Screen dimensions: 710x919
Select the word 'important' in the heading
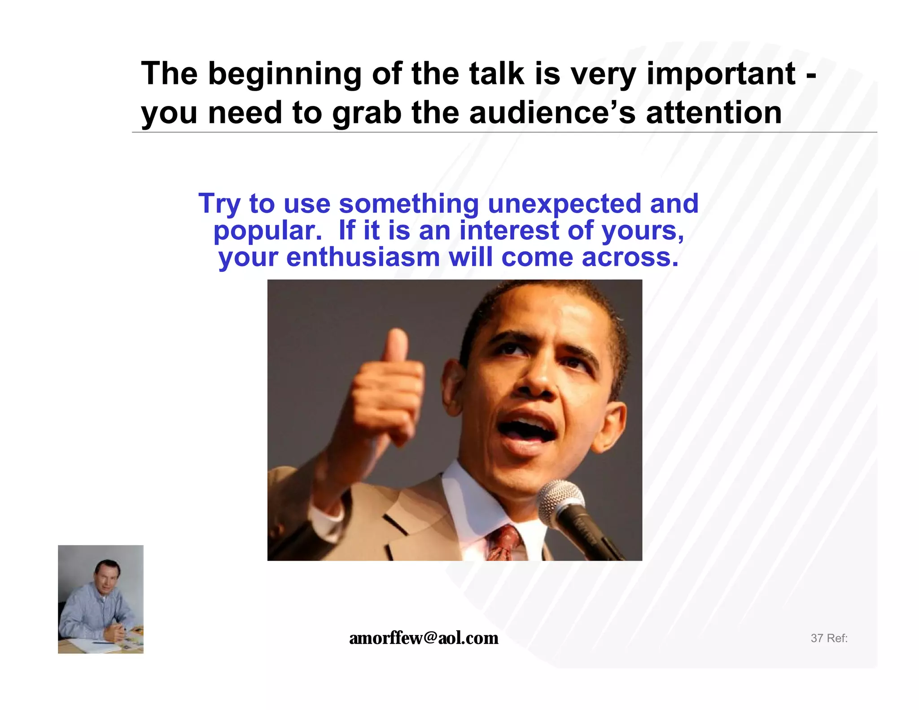click(x=721, y=73)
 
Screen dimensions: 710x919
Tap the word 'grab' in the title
click(x=367, y=113)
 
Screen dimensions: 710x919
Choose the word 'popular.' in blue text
click(x=268, y=231)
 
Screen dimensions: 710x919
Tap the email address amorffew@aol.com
click(x=423, y=638)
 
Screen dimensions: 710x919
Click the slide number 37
click(x=816, y=638)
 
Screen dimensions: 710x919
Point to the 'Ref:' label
click(x=837, y=638)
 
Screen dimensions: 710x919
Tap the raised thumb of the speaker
click(x=396, y=346)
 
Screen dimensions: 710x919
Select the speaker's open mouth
click(x=525, y=429)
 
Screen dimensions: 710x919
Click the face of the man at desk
click(x=104, y=577)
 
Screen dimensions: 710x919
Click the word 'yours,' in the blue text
click(x=643, y=231)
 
